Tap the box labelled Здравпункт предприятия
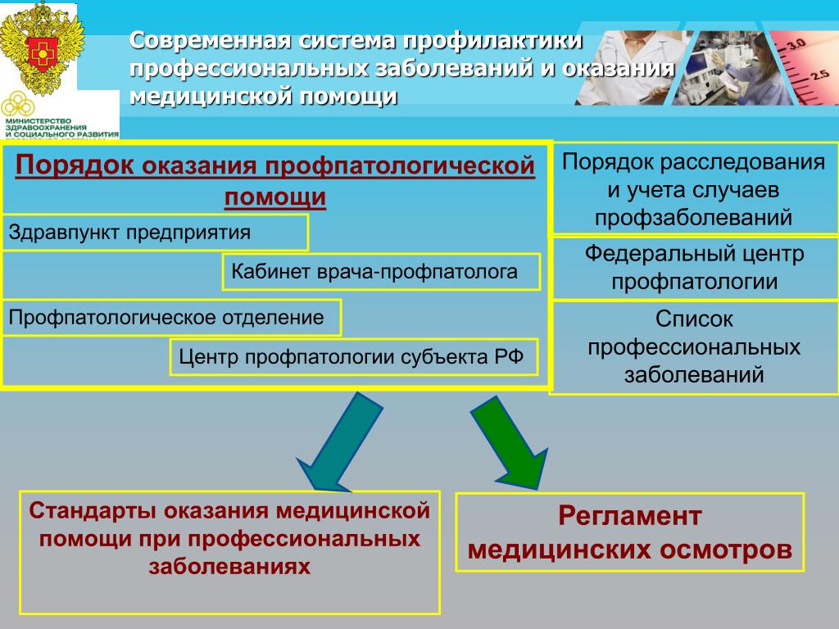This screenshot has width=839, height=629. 155,233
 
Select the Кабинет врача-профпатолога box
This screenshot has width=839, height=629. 381,272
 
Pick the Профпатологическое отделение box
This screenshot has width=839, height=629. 171,318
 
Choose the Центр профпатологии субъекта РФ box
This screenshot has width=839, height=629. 354,357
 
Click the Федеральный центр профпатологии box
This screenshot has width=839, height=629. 695,268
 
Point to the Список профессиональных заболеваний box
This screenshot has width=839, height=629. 694,347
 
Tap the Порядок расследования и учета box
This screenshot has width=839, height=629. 694,189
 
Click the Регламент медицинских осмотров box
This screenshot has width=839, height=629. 630,532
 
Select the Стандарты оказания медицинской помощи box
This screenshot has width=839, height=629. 229,552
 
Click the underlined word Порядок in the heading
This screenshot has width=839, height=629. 75,165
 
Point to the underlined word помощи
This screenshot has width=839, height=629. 275,197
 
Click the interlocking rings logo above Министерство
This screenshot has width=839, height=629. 18,104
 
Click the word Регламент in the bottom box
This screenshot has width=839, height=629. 630,516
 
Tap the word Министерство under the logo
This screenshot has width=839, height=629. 38,121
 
